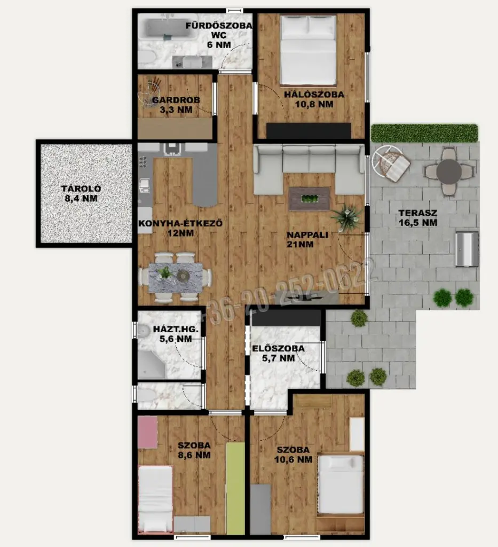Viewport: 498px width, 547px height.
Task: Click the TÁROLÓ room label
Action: point(81,189)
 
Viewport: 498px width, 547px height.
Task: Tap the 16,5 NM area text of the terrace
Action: point(418,223)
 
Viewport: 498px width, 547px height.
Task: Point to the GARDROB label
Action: point(176,100)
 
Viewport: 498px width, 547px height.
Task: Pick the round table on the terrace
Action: point(449,171)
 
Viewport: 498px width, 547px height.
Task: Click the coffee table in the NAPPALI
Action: point(309,199)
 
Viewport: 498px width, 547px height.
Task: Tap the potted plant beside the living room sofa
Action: point(346,216)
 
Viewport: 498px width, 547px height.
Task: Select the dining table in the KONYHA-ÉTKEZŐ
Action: point(175,278)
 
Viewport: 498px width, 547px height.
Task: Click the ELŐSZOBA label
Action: point(278,348)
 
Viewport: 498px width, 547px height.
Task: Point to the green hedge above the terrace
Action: point(424,133)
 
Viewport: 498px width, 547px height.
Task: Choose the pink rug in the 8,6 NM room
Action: point(147,432)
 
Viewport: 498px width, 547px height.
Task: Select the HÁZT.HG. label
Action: point(176,329)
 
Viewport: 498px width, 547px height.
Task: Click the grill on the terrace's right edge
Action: point(467,249)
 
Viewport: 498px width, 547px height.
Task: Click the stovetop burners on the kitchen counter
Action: point(143,162)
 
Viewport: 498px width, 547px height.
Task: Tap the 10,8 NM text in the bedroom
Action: point(314,104)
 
